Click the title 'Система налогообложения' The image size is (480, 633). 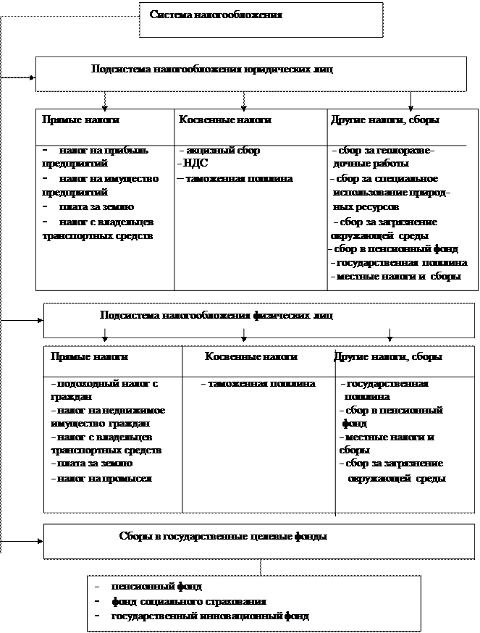pos(216,14)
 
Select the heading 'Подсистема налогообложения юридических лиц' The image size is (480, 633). pos(212,70)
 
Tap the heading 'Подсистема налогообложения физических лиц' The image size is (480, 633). pos(216,316)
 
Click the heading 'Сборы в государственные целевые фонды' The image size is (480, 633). pos(222,537)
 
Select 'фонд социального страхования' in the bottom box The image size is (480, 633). pos(188,601)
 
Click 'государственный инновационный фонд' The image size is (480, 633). pos(210,616)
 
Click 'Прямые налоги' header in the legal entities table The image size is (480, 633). pos(80,120)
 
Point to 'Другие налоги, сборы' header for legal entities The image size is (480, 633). pos(384,120)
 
